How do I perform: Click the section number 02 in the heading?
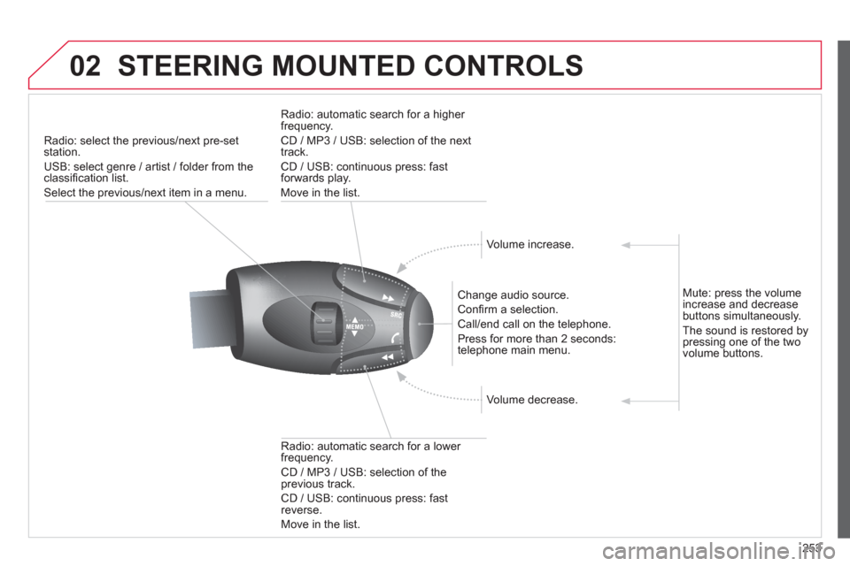tap(85, 66)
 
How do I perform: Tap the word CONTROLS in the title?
tap(503, 66)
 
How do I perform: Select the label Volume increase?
tap(529, 244)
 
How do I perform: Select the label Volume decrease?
tap(532, 400)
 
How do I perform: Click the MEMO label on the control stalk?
tap(354, 326)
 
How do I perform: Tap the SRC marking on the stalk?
tap(397, 315)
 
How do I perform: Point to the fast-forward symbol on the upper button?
tap(388, 297)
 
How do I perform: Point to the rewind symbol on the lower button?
tap(387, 357)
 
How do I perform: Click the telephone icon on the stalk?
tap(394, 338)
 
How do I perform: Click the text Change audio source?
tap(513, 295)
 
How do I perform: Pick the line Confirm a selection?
tap(507, 310)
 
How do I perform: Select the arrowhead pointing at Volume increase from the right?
tap(626, 245)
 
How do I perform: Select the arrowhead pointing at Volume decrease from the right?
tap(626, 402)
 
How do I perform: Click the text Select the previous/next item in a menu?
tap(145, 192)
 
